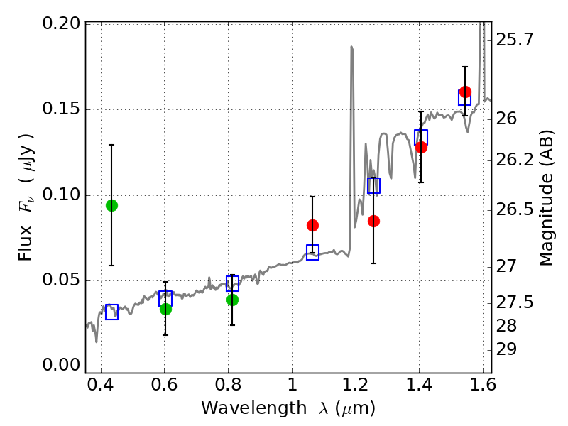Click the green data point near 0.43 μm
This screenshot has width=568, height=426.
coord(111,205)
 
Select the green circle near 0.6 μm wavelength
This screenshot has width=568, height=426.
coord(165,309)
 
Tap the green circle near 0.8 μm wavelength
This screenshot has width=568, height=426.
coord(232,300)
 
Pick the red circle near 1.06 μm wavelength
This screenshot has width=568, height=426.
coord(312,225)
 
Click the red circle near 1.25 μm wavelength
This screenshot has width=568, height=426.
coord(373,221)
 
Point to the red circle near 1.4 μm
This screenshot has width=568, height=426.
coord(421,147)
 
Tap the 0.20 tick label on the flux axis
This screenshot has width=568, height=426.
coord(61,23)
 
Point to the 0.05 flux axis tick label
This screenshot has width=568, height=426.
coord(61,280)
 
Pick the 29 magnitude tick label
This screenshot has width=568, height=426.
coord(506,350)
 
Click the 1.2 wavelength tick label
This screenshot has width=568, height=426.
coord(356,384)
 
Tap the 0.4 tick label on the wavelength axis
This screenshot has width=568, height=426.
coord(101,384)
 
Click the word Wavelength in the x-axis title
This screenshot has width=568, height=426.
coord(254,408)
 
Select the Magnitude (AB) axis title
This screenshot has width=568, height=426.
coord(546,198)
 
